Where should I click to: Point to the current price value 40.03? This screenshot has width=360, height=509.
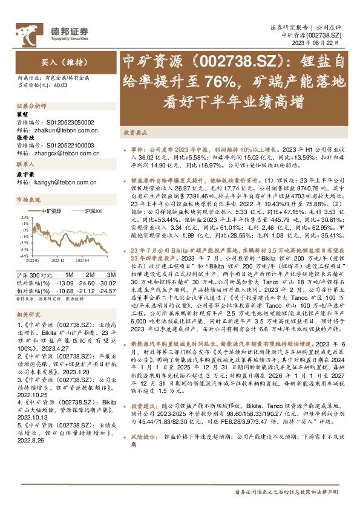point(59,86)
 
